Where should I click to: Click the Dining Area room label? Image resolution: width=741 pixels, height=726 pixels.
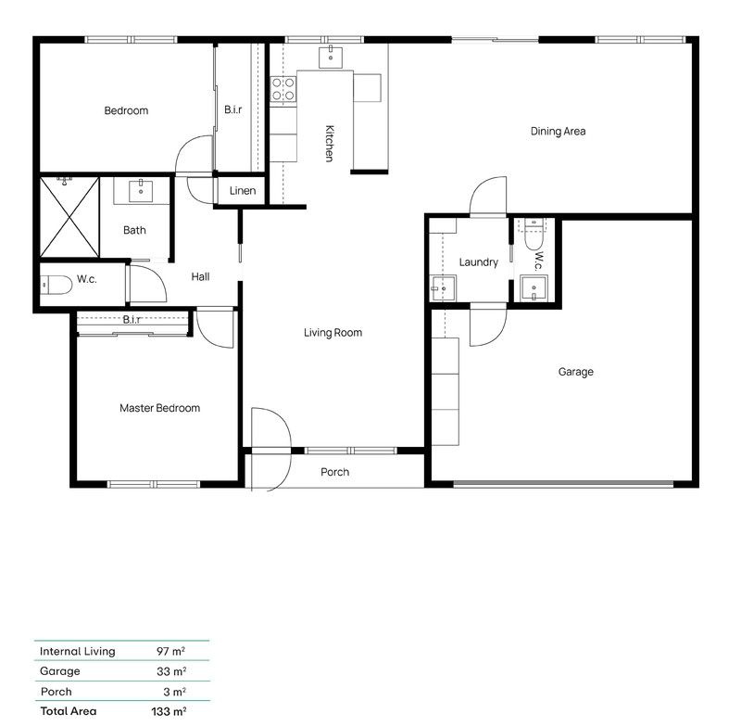(x=558, y=132)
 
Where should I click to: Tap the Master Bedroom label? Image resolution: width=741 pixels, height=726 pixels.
(x=159, y=408)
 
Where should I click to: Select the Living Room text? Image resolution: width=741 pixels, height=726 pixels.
(x=333, y=333)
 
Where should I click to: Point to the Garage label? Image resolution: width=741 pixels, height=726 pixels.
(x=575, y=372)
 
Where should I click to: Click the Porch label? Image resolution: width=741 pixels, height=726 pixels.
(x=334, y=472)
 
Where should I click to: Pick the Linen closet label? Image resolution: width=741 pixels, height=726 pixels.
(x=242, y=191)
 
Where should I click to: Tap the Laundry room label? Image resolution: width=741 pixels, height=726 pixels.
(x=478, y=262)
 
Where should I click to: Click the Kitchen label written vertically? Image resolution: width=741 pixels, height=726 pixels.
(x=329, y=143)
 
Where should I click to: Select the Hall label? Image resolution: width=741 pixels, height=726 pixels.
(x=200, y=277)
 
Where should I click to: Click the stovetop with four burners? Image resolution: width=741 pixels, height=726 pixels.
(x=283, y=89)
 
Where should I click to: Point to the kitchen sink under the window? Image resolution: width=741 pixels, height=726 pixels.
(x=331, y=57)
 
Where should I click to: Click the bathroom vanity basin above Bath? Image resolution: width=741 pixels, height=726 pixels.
(x=142, y=192)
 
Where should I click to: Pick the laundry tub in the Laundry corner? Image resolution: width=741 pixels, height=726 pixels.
(x=443, y=288)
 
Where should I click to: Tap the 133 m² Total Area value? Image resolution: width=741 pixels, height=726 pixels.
(x=170, y=712)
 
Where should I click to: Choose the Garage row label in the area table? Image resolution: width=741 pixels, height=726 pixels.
(x=60, y=671)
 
